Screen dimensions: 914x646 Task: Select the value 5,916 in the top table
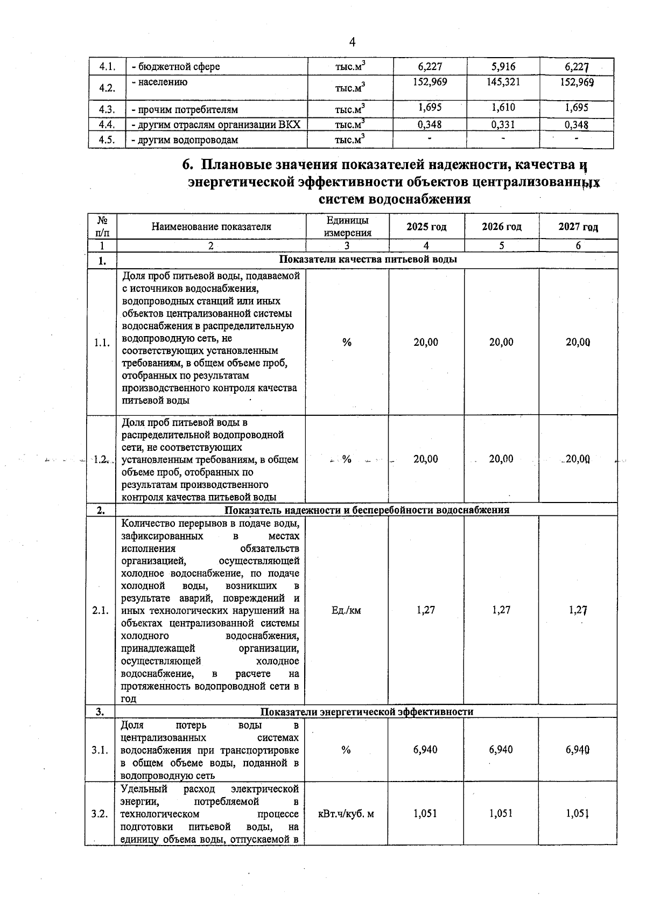pos(503,67)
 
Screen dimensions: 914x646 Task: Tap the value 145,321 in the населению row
pos(503,82)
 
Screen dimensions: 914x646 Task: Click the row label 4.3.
pos(108,109)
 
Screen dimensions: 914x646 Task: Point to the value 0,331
pos(503,124)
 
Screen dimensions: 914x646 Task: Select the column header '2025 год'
pos(426,227)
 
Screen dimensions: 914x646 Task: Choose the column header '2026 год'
pos(502,227)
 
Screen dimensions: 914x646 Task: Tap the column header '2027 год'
pos(578,227)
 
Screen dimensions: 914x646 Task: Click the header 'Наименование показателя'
pos(211,227)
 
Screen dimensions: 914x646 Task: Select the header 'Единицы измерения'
pos(347,227)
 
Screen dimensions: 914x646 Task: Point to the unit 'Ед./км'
pos(347,610)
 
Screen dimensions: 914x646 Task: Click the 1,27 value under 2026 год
pos(501,610)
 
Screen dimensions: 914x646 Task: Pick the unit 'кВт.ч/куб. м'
pos(346,814)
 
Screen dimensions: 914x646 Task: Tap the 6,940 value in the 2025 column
pos(425,750)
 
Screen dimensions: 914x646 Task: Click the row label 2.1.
pos(101,611)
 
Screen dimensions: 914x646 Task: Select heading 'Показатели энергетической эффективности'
pos(367,711)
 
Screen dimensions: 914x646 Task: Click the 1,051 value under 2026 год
pos(501,814)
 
